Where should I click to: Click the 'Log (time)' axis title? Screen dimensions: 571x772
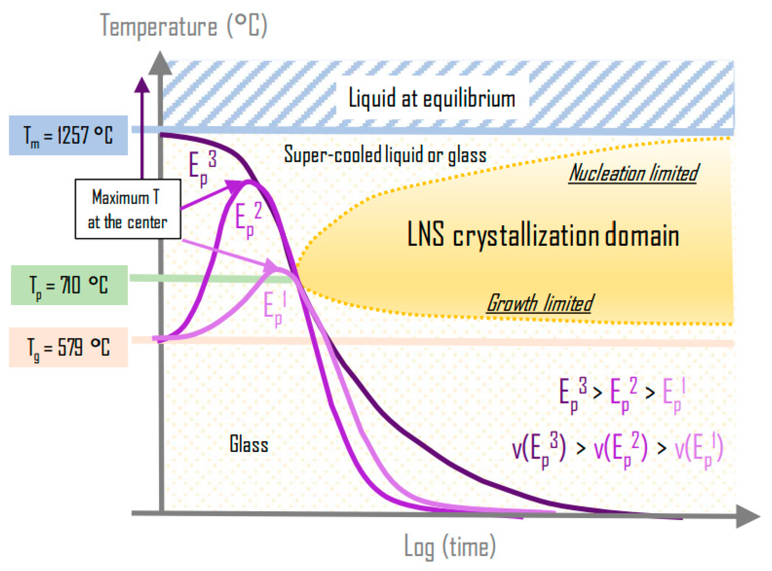(450, 546)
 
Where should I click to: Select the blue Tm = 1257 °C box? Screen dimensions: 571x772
(68, 135)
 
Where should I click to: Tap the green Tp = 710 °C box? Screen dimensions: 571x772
(69, 285)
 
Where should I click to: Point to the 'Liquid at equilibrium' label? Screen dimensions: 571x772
(431, 98)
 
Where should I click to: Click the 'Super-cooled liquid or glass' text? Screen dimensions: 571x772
(385, 155)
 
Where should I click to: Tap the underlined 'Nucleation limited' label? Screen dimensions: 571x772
(633, 174)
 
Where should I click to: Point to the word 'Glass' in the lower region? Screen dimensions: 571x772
(248, 444)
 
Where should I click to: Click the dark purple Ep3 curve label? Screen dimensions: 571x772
(202, 169)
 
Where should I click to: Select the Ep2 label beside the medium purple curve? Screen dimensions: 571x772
(248, 219)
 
